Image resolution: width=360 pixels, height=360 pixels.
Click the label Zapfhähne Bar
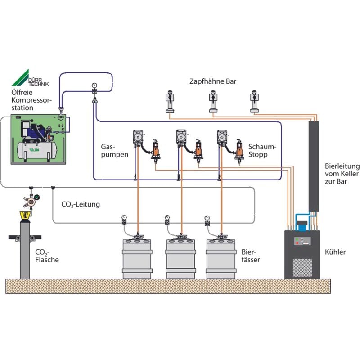tap(212, 81)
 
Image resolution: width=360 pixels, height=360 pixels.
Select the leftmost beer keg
tap(137, 259)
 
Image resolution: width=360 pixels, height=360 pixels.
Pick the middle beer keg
tap(181, 259)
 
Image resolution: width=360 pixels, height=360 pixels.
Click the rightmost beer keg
tap(220, 259)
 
